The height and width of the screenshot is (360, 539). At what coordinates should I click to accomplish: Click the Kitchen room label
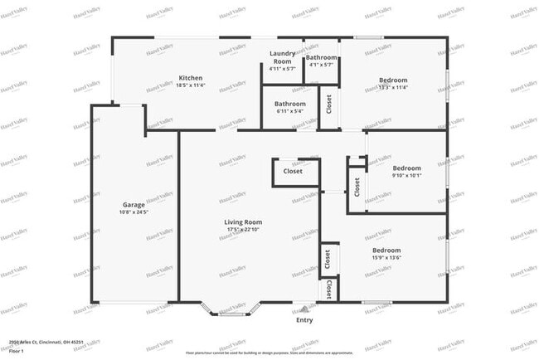click(190, 79)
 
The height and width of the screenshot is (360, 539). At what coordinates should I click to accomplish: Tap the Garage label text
click(134, 204)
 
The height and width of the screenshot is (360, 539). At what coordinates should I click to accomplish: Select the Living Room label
click(243, 221)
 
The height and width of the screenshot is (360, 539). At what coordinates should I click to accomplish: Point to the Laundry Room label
click(283, 56)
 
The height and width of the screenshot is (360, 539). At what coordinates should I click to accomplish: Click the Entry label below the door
click(304, 319)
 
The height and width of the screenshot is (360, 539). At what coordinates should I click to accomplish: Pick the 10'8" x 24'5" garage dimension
click(134, 212)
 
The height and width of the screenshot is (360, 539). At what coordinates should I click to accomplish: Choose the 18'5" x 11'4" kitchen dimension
click(190, 86)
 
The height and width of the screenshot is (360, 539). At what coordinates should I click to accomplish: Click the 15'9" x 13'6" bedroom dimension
click(386, 258)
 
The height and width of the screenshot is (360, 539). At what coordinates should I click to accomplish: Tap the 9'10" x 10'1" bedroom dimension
click(406, 175)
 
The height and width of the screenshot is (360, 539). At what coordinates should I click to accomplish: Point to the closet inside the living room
click(293, 172)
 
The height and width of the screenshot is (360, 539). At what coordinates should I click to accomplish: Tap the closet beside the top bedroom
click(329, 105)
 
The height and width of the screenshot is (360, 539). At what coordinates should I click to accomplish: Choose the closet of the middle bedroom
click(357, 187)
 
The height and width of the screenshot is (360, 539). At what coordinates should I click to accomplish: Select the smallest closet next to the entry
click(329, 289)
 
